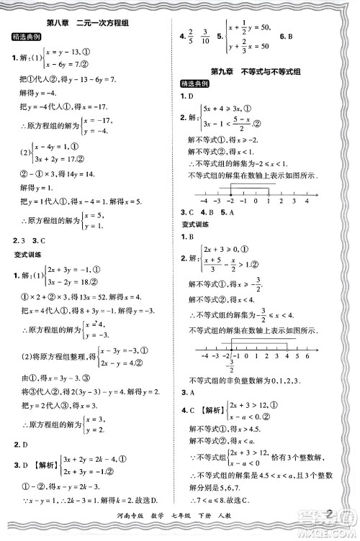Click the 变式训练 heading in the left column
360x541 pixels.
pyautogui.click(x=27, y=255)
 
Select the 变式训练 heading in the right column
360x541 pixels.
pyautogui.click(x=196, y=224)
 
